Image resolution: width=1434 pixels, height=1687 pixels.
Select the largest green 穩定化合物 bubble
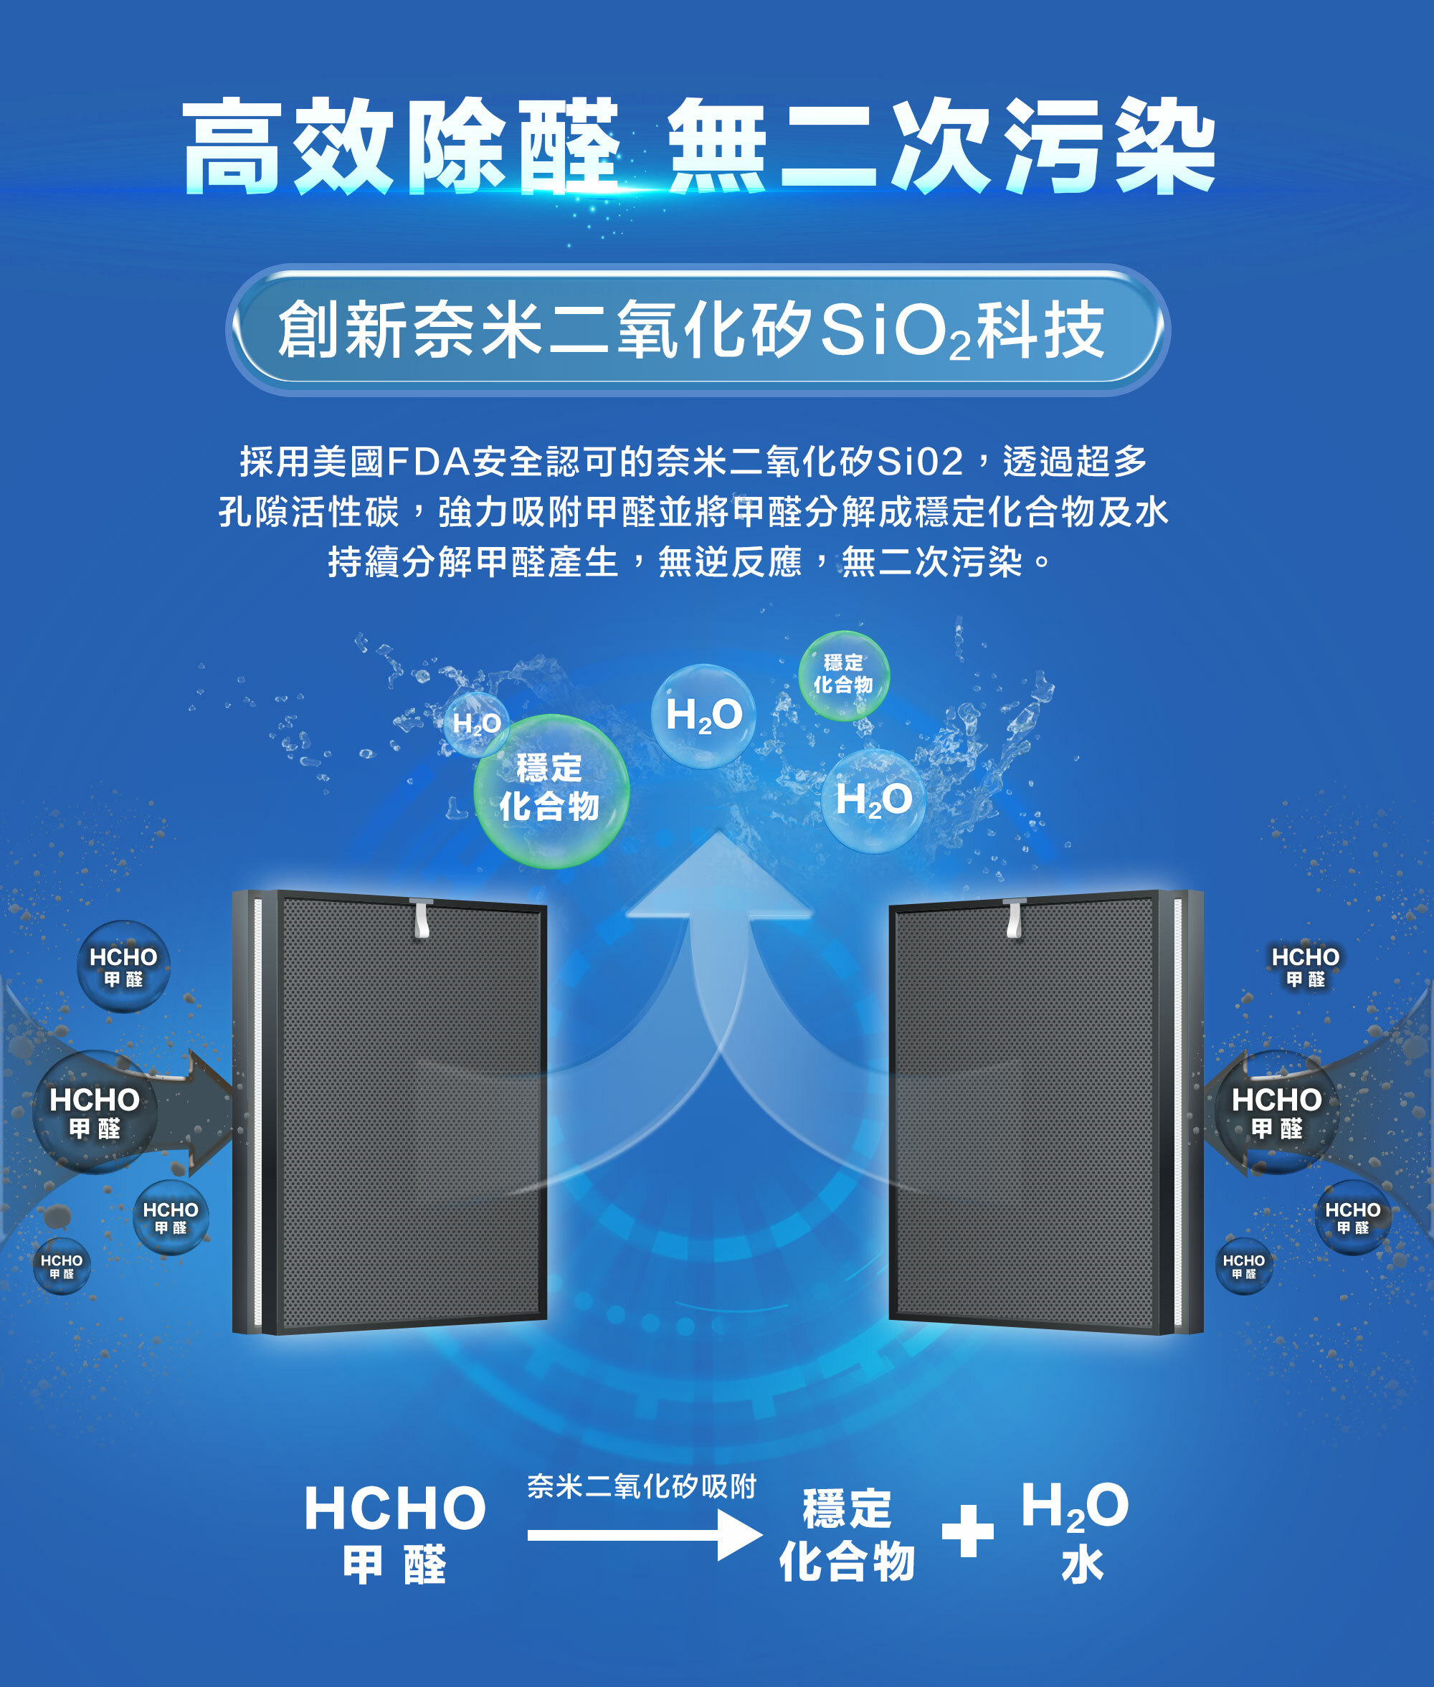pyautogui.click(x=551, y=790)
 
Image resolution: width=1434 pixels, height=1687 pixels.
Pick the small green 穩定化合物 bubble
pyautogui.click(x=843, y=675)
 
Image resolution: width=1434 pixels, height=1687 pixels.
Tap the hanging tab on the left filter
pyautogui.click(x=421, y=918)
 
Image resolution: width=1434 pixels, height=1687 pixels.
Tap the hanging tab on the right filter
pyautogui.click(x=1014, y=918)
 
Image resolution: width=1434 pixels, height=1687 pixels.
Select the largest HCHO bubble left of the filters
pyautogui.click(x=95, y=1111)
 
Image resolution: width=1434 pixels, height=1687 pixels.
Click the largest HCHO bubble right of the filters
pyautogui.click(x=1276, y=1111)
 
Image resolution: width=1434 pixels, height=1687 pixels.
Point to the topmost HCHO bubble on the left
pyautogui.click(x=123, y=966)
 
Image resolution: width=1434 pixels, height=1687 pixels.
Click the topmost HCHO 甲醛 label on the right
pyautogui.click(x=1305, y=966)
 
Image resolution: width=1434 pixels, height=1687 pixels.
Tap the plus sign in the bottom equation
pyautogui.click(x=967, y=1530)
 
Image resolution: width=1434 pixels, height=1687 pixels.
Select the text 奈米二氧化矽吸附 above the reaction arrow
pyautogui.click(x=642, y=1486)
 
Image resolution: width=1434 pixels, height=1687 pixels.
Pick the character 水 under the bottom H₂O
pyautogui.click(x=1082, y=1565)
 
